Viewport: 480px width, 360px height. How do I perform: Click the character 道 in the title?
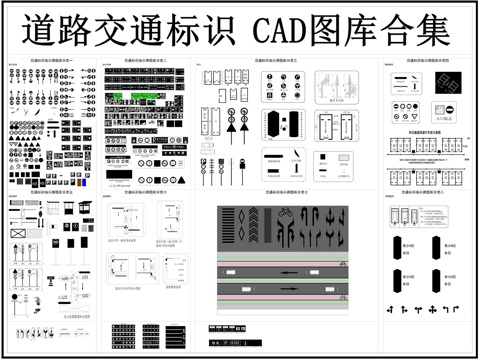pyautogui.click(x=33, y=28)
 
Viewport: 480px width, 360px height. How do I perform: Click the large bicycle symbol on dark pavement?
pyautogui.click(x=285, y=213)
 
